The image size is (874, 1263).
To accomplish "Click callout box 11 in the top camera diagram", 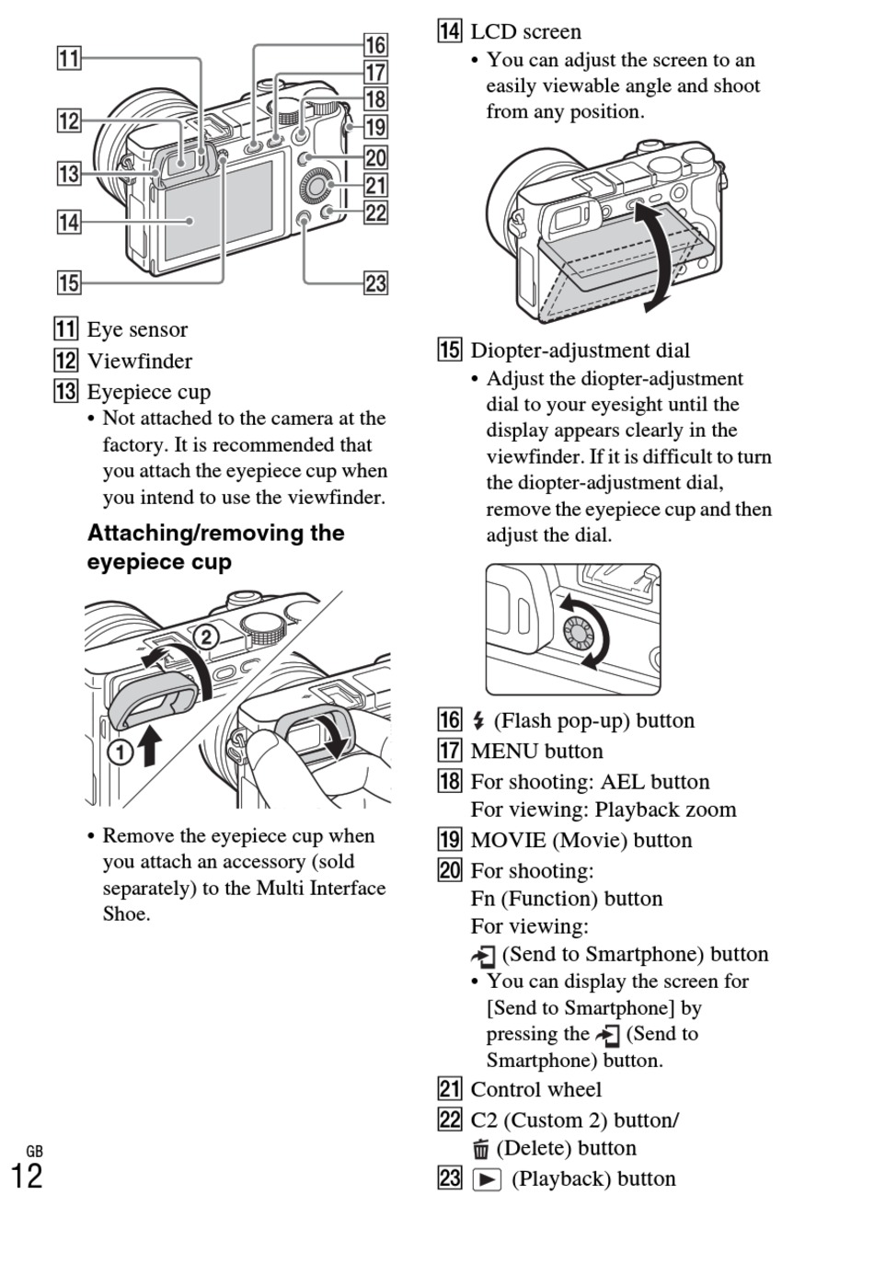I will [x=69, y=59].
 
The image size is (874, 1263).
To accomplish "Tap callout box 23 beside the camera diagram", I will [x=375, y=282].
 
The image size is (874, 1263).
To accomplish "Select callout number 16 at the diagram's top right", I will [x=375, y=44].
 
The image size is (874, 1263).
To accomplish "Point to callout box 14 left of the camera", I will [x=69, y=222].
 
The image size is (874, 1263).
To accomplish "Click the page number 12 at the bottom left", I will [x=26, y=1177].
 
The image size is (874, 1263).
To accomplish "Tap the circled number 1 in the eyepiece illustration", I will [x=121, y=752].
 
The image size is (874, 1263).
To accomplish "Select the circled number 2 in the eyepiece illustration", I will [x=206, y=637].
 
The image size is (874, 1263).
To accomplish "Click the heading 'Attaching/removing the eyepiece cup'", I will [x=215, y=547].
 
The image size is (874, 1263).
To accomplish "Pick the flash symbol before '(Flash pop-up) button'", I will [x=478, y=721].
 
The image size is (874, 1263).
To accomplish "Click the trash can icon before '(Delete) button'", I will [x=480, y=1149].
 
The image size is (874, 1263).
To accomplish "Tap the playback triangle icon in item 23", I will [x=487, y=1179].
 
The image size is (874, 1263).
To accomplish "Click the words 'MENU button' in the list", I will [x=536, y=751].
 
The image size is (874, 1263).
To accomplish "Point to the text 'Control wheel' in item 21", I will [x=535, y=1089].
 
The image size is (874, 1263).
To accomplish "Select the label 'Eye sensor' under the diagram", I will [x=137, y=329].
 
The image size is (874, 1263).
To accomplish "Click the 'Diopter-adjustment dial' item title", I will [x=580, y=350].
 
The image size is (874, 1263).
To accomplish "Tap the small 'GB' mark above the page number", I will [x=34, y=1152].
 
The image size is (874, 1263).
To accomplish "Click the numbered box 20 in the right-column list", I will [x=449, y=870].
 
